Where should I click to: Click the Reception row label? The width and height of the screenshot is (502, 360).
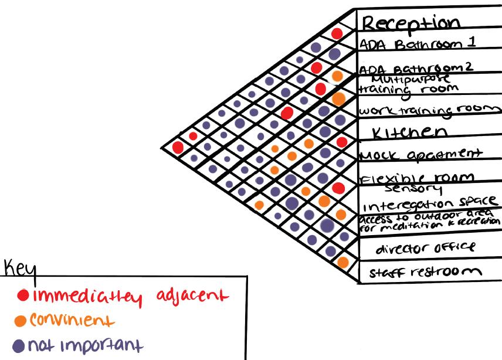click(x=411, y=23)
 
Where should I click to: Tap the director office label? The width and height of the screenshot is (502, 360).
click(x=425, y=248)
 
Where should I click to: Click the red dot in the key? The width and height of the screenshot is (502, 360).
click(x=23, y=294)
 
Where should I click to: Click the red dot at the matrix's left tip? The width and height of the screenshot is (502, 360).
click(x=178, y=147)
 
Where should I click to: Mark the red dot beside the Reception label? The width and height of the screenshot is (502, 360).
click(x=337, y=33)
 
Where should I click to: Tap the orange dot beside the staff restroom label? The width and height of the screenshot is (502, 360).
click(x=343, y=261)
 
